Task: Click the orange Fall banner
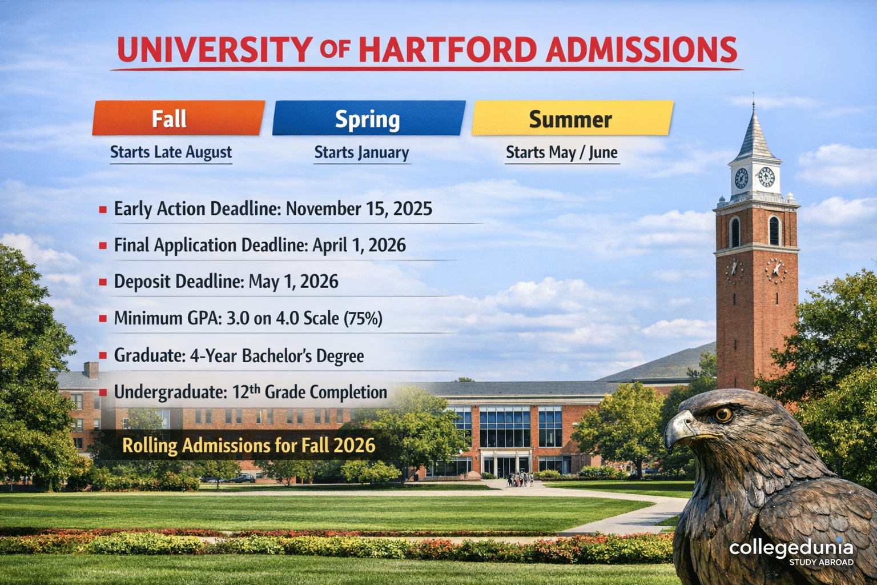point(178,118)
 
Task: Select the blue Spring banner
point(368,119)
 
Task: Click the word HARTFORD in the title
point(448,50)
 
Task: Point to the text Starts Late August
point(171,152)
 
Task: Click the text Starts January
point(361,153)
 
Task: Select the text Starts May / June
point(562,153)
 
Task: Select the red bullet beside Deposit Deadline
point(103,282)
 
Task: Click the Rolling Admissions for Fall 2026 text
point(249,446)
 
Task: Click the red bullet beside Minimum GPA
point(103,319)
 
